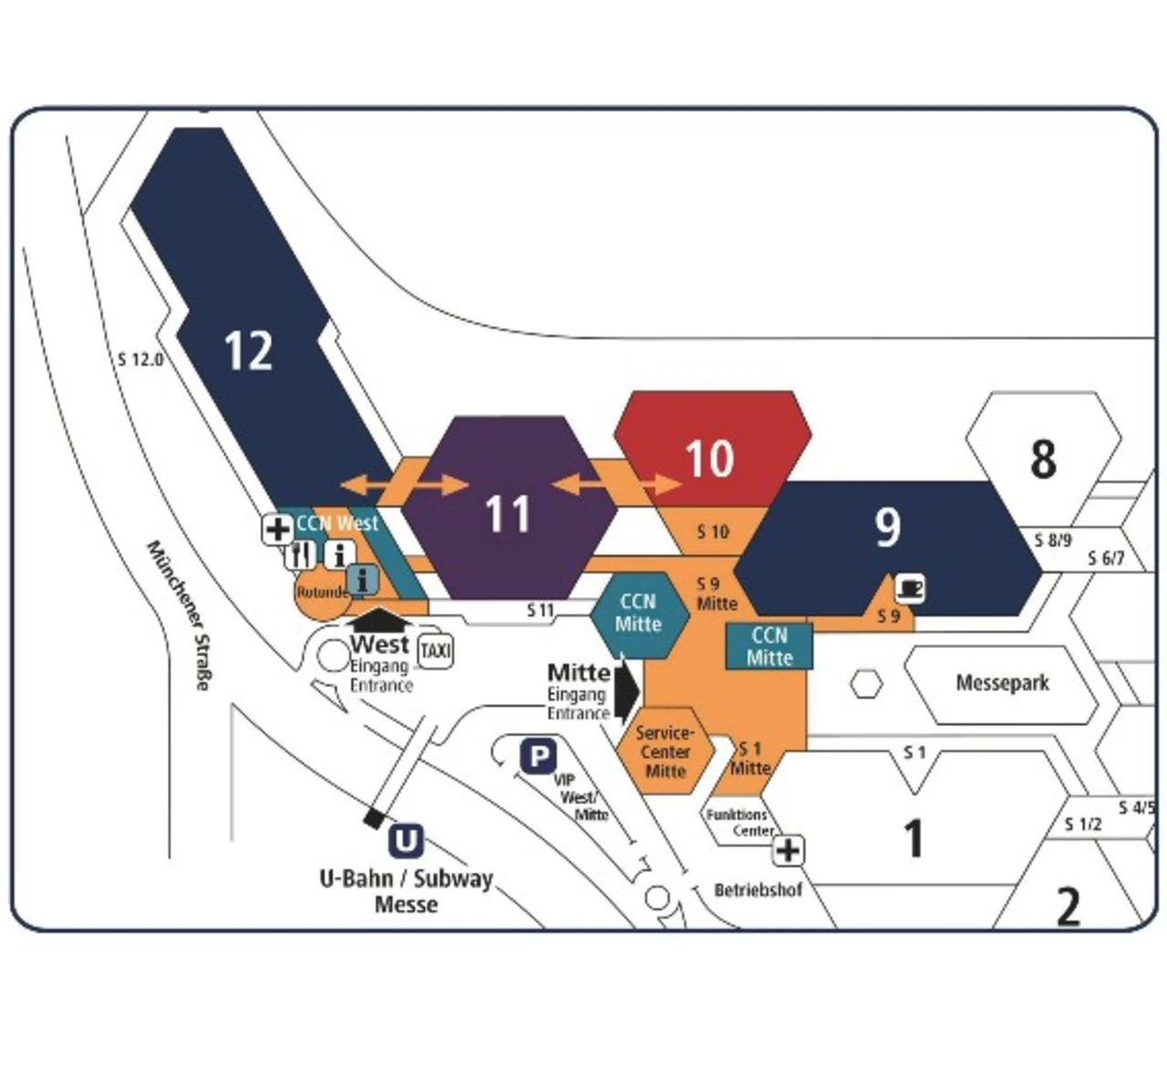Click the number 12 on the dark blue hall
248,350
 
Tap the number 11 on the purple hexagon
507,514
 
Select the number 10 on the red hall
708,459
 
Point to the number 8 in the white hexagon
1043,459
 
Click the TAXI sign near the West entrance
435,652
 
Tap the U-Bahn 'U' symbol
406,841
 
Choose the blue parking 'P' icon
538,757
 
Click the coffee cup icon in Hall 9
911,589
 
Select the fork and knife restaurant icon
301,554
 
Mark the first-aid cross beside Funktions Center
788,851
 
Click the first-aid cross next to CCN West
277,529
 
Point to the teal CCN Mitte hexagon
638,614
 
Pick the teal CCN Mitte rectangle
769,646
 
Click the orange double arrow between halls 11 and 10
616,484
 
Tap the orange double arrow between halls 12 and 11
404,484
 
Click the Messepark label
1002,683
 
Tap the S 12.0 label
140,359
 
